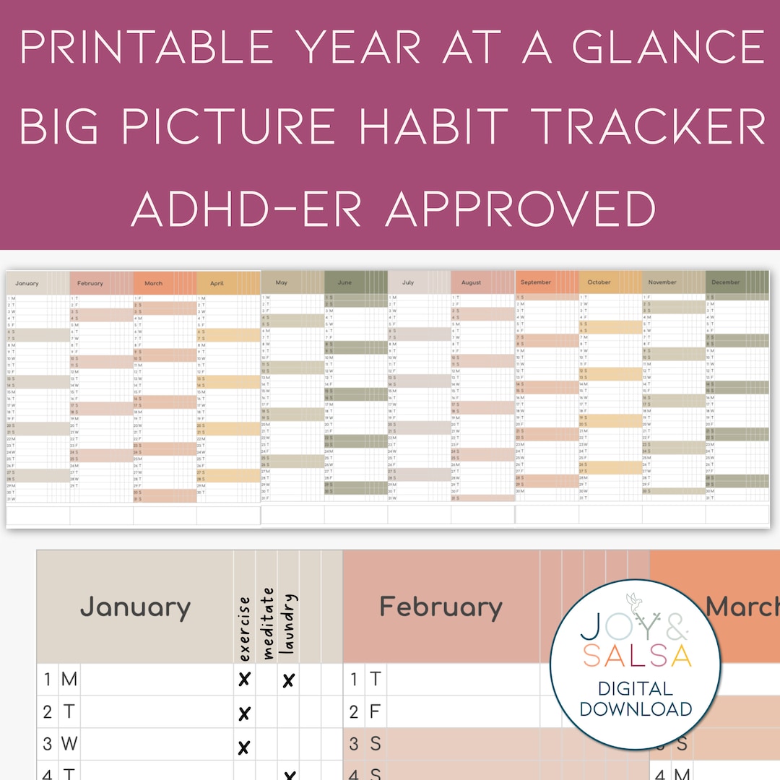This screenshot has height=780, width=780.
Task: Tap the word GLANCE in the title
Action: [x=667, y=48]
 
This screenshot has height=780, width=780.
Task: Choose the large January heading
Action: [x=135, y=607]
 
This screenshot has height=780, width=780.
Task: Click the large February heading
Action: [x=441, y=607]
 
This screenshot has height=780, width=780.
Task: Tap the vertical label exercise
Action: [x=244, y=628]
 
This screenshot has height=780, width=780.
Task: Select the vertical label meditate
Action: [x=266, y=623]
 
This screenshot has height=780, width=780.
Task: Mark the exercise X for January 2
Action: [x=244, y=714]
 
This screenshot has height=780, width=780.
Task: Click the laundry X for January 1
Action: [x=288, y=680]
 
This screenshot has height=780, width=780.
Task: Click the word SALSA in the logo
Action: [x=637, y=654]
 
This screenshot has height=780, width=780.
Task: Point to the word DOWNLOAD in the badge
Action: [x=636, y=709]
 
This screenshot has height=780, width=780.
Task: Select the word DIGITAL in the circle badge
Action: [x=636, y=688]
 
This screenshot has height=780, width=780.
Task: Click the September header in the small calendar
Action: [x=535, y=282]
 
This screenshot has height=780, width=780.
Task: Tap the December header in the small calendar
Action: [x=725, y=282]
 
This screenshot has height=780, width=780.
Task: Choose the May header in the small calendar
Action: [x=282, y=282]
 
